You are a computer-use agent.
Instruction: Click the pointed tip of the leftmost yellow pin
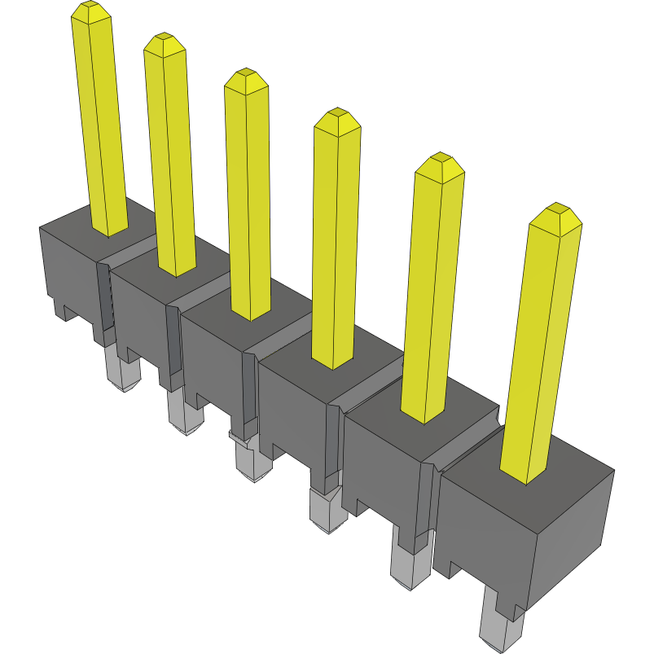90,11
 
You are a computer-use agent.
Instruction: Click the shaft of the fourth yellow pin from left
336,244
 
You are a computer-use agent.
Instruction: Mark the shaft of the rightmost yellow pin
538,350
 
